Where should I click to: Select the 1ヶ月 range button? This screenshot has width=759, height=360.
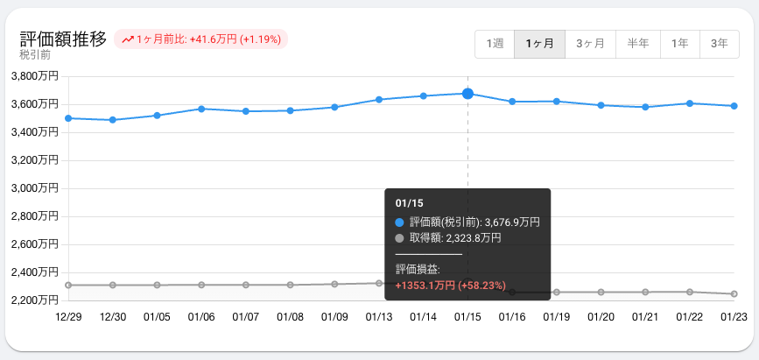[x=539, y=44]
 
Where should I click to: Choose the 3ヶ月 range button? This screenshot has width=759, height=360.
[x=590, y=44]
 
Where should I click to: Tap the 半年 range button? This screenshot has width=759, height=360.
[x=638, y=44]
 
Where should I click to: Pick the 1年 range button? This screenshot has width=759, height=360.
[x=679, y=44]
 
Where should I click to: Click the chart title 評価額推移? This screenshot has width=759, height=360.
[x=63, y=39]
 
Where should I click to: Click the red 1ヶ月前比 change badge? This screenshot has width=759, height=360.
[x=200, y=39]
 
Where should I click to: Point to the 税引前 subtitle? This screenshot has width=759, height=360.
[x=35, y=55]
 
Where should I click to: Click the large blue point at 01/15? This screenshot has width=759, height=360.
[x=467, y=94]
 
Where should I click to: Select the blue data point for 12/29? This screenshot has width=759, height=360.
[x=68, y=117]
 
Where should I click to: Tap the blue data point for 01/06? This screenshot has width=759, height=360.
[x=201, y=109]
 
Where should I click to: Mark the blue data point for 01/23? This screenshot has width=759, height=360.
[x=734, y=106]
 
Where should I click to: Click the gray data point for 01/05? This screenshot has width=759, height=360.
[x=157, y=285]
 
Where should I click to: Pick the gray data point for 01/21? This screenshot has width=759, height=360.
[x=645, y=292]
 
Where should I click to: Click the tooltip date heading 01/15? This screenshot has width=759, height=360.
[x=410, y=203]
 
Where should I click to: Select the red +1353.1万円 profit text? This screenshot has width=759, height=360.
[x=425, y=286]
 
